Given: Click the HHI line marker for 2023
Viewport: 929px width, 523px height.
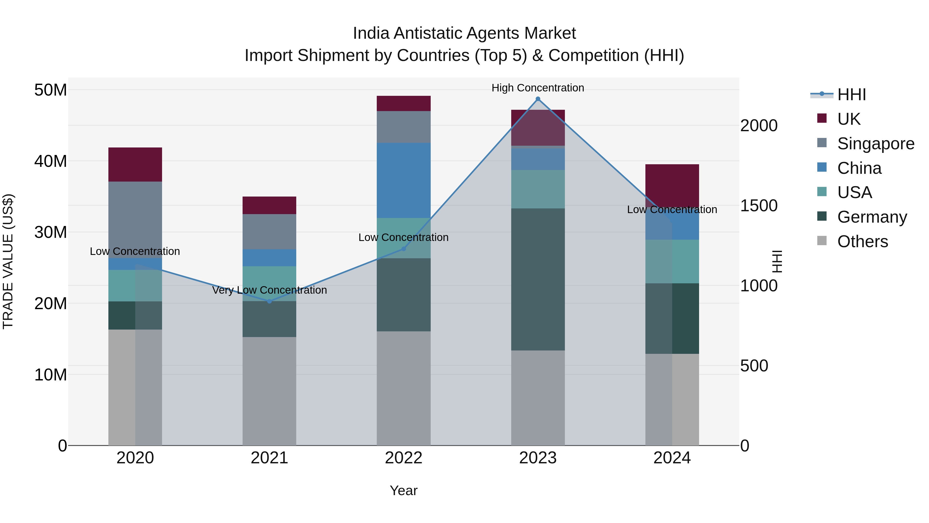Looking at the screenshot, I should (538, 99).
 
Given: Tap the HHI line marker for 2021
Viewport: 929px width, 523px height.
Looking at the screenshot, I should (269, 301).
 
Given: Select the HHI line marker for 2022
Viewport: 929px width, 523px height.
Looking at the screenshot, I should (404, 249).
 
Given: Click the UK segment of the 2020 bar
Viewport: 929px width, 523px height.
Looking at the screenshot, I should (135, 164).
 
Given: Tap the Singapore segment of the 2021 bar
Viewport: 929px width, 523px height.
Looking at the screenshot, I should (269, 231).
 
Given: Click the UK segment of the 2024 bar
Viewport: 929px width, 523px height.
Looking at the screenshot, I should (672, 184).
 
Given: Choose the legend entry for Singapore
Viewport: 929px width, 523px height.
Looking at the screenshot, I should (875, 143).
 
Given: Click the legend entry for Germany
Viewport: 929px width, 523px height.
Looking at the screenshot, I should (872, 217).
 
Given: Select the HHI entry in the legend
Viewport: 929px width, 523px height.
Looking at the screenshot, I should (851, 95).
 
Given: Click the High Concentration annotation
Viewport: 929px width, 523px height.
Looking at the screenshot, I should (538, 88).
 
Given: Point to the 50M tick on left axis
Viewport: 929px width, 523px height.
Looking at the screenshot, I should (51, 90).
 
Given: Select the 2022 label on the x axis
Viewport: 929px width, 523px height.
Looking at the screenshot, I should (404, 458).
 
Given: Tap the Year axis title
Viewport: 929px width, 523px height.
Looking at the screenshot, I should (404, 490).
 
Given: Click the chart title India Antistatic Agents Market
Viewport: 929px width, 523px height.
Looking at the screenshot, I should (464, 33).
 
